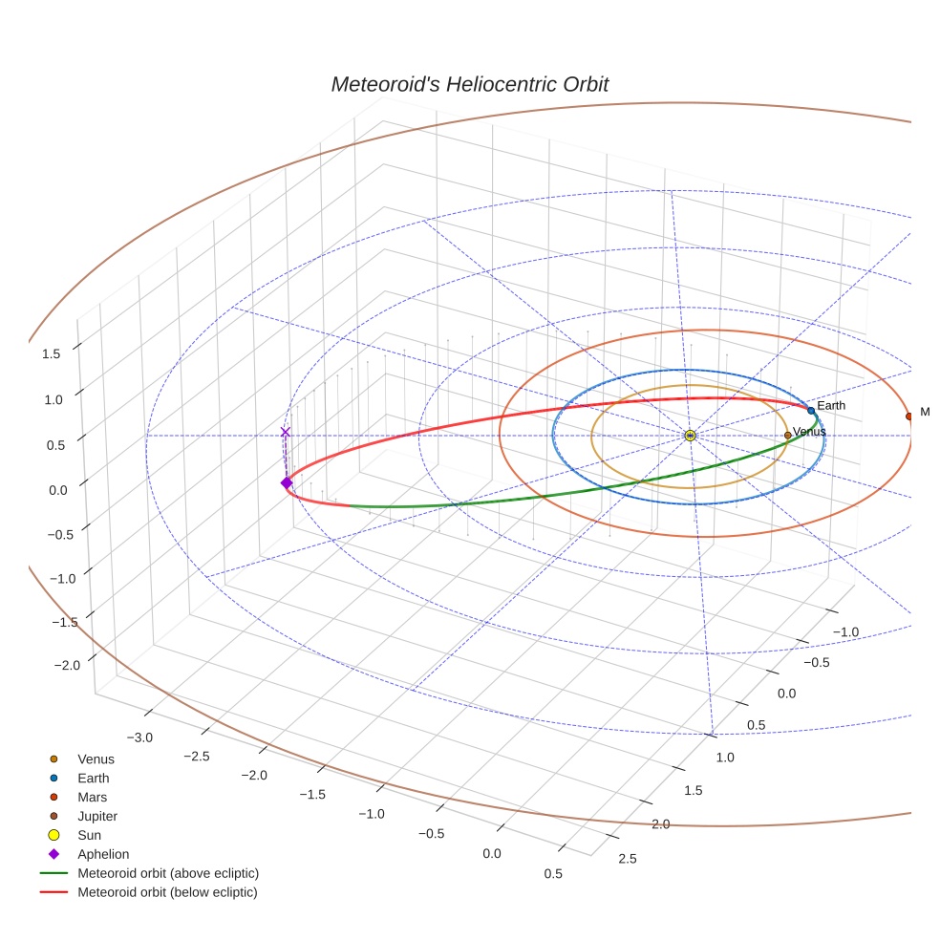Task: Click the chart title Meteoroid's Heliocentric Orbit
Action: coord(469,84)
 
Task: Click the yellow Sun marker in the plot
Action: coord(690,436)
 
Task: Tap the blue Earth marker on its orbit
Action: coord(811,411)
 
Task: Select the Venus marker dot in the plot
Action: coord(787,436)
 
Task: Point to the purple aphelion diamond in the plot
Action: coord(286,483)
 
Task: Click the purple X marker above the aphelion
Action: coord(285,433)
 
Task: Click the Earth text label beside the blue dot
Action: coord(831,406)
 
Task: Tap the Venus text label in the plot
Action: coord(809,432)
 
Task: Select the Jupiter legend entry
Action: coord(96,817)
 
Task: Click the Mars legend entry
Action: coord(92,798)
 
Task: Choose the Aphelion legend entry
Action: coord(103,855)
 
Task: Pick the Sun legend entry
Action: coord(89,836)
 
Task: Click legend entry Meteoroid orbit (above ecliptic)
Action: coord(167,874)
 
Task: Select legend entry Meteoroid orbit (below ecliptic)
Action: coord(167,893)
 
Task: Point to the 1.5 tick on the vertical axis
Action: coord(50,353)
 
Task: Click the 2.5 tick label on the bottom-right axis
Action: coord(628,859)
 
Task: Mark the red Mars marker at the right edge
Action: coord(908,416)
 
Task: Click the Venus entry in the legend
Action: coord(96,759)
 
